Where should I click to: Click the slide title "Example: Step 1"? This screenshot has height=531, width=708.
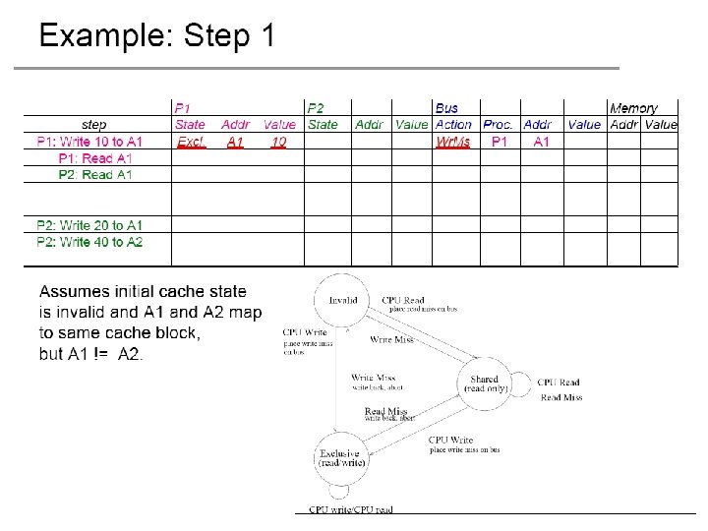point(156,36)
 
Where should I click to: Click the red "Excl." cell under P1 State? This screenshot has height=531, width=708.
point(191,143)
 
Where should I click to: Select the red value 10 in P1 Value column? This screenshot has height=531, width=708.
point(279,143)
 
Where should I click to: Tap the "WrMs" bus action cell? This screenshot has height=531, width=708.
point(453,143)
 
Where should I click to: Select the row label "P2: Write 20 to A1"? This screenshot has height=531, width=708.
point(89,225)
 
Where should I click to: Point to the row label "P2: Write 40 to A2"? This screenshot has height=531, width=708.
point(89,242)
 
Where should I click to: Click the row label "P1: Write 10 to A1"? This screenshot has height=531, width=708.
point(89,143)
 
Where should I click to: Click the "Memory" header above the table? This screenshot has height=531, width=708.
point(634,108)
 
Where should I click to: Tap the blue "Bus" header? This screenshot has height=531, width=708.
point(446,108)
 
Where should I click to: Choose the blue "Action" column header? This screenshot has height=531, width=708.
point(453,125)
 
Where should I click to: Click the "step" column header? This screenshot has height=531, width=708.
point(94,125)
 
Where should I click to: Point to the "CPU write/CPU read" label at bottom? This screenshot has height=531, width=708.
point(351,509)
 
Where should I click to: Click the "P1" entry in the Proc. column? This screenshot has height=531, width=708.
point(500,143)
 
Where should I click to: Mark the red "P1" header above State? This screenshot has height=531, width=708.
point(183,108)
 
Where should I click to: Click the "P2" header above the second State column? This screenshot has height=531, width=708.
point(316,108)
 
